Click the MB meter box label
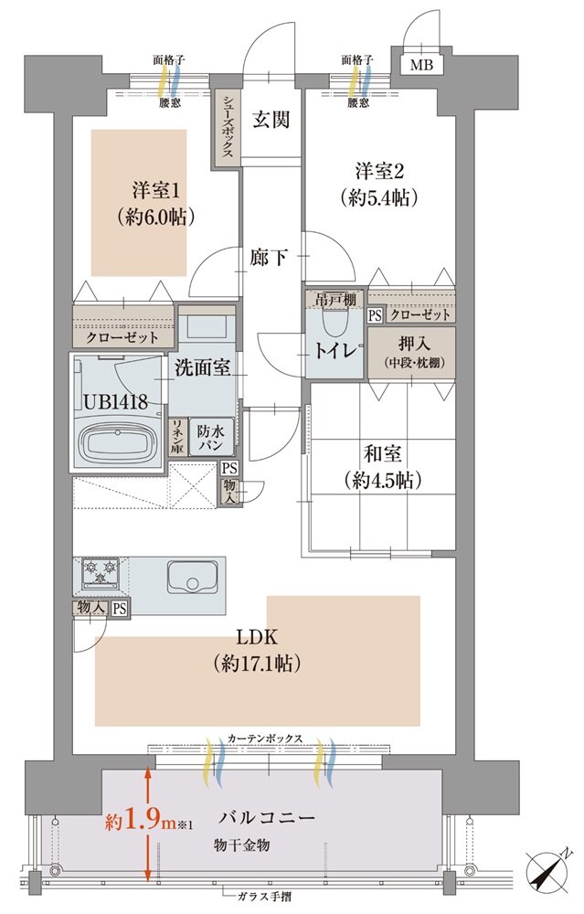click(x=421, y=65)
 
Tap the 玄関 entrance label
click(x=271, y=119)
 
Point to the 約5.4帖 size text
click(x=379, y=198)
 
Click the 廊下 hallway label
click(x=269, y=257)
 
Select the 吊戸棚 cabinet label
click(x=334, y=300)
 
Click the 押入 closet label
click(x=414, y=343)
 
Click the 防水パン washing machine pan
click(x=210, y=438)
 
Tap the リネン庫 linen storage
click(x=176, y=438)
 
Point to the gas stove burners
click(x=101, y=572)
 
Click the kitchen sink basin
click(x=192, y=576)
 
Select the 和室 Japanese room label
click(x=382, y=453)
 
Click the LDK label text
click(x=256, y=636)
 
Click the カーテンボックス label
click(x=265, y=738)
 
